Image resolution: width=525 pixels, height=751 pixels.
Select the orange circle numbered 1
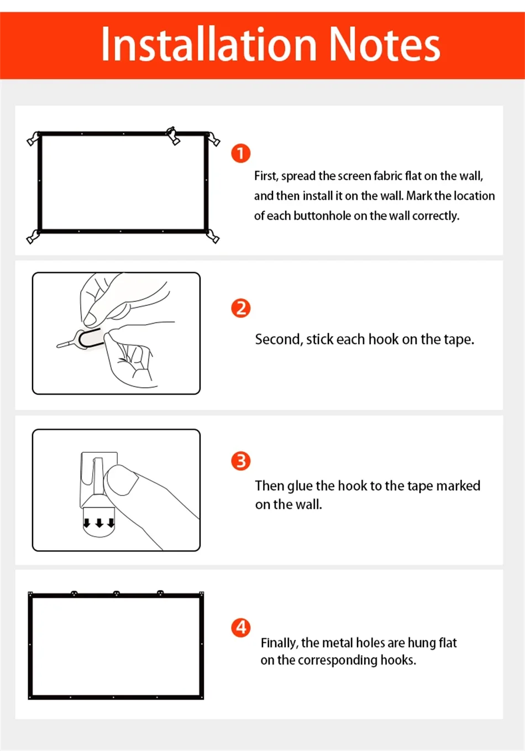pyautogui.click(x=241, y=153)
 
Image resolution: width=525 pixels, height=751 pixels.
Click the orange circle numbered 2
pyautogui.click(x=241, y=308)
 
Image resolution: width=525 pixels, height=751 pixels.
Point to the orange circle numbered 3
pyautogui.click(x=241, y=461)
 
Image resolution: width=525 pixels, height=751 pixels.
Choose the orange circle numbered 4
pyautogui.click(x=241, y=628)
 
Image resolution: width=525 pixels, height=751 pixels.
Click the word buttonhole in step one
pyautogui.click(x=322, y=216)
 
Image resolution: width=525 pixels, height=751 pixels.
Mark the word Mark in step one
pyautogui.click(x=419, y=196)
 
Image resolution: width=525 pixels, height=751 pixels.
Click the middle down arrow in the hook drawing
pyautogui.click(x=99, y=523)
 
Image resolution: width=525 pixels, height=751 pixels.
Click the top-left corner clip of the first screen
pyautogui.click(x=34, y=138)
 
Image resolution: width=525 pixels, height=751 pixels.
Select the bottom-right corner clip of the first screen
pyautogui.click(x=213, y=237)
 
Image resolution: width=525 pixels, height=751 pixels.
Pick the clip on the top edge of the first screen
pyautogui.click(x=173, y=135)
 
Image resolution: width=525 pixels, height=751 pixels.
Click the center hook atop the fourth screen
pyautogui.click(x=116, y=593)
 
